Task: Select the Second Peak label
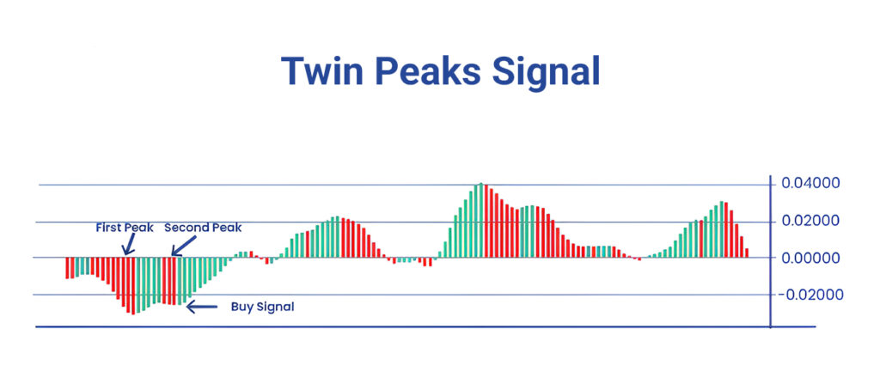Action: click(203, 228)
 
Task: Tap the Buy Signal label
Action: click(263, 307)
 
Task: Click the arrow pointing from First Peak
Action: click(130, 245)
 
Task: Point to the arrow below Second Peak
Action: click(184, 245)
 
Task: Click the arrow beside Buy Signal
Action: click(201, 307)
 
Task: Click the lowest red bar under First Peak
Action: click(133, 285)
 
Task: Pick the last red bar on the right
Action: click(747, 253)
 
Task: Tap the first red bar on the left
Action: click(67, 268)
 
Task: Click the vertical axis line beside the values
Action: click(770, 251)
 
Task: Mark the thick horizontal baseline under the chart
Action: click(425, 326)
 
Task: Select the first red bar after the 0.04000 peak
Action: click(486, 221)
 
